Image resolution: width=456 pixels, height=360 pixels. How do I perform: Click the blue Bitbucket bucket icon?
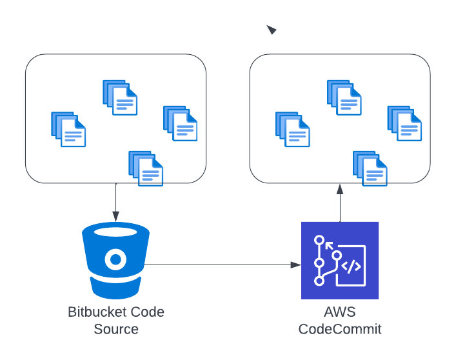click(x=115, y=260)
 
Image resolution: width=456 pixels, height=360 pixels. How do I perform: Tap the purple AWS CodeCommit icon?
click(x=340, y=260)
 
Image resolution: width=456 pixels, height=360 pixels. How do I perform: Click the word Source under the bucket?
click(x=116, y=329)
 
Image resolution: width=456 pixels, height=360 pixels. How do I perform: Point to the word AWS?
click(x=340, y=312)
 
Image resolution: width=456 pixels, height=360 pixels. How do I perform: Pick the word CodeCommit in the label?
click(x=340, y=329)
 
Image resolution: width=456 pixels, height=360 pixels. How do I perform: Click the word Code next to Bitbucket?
click(x=148, y=312)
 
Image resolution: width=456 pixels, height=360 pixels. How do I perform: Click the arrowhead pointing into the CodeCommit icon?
click(x=296, y=265)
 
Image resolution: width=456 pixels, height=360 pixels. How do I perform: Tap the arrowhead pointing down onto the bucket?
click(x=115, y=217)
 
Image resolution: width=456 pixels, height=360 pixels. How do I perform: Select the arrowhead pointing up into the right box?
click(x=340, y=189)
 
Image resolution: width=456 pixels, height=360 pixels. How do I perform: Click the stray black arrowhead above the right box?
click(x=272, y=30)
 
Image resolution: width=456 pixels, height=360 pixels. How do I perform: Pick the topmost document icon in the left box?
click(x=120, y=97)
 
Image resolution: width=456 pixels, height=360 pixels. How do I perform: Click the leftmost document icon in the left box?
click(x=68, y=130)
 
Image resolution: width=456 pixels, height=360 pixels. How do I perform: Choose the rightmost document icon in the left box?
click(x=181, y=124)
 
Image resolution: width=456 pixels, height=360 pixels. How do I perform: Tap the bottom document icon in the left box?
click(x=146, y=168)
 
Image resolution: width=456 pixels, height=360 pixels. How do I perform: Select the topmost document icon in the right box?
click(x=344, y=97)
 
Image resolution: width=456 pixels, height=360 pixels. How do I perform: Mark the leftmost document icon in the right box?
click(x=293, y=130)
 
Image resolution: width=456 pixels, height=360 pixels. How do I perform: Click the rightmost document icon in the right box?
click(x=404, y=124)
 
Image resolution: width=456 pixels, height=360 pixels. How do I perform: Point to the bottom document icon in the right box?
click(x=370, y=168)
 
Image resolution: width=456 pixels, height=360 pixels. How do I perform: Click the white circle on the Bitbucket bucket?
click(x=115, y=259)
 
